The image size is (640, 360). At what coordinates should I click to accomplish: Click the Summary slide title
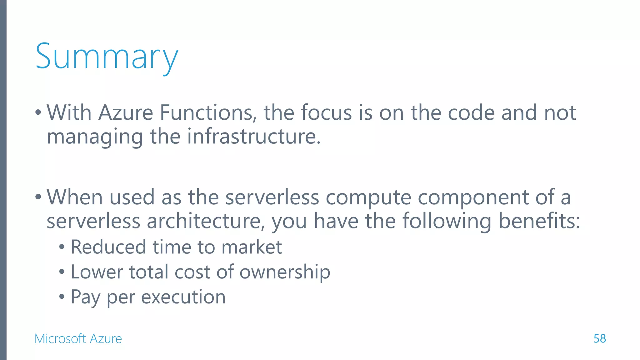point(107,57)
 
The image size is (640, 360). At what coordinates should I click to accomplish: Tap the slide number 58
point(599,339)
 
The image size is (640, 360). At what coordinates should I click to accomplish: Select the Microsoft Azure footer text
point(78,339)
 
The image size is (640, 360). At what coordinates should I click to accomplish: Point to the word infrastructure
point(254,137)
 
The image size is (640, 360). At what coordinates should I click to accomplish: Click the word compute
point(368,197)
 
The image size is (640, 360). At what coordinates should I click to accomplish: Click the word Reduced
point(108,247)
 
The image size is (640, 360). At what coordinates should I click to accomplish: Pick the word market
point(252,247)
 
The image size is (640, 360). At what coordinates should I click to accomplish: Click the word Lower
point(97,272)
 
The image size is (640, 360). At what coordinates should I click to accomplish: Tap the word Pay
point(85,297)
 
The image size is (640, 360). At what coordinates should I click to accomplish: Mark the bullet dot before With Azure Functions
point(38,112)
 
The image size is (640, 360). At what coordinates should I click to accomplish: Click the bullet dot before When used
point(38,197)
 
